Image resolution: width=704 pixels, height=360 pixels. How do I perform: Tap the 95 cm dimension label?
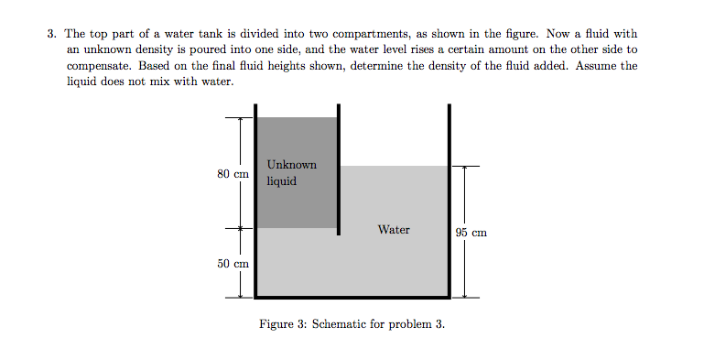point(471,233)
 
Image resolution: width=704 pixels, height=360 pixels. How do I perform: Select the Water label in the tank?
point(394,230)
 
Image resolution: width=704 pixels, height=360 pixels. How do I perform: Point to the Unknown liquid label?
point(291,172)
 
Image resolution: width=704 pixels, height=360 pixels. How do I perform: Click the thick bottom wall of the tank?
point(352,297)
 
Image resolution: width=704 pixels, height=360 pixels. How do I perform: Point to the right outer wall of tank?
point(449,202)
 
